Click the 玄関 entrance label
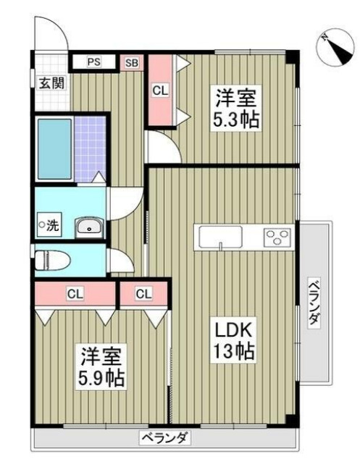pos(51,82)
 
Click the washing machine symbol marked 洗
pos(50,225)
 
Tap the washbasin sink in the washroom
pos(89,227)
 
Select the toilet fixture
pos(53,259)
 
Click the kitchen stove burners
pos(277,237)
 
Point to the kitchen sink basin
pos(216,237)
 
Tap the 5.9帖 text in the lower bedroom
pos(102,377)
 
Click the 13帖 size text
pos(230,353)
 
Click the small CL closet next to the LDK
pos(143,294)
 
